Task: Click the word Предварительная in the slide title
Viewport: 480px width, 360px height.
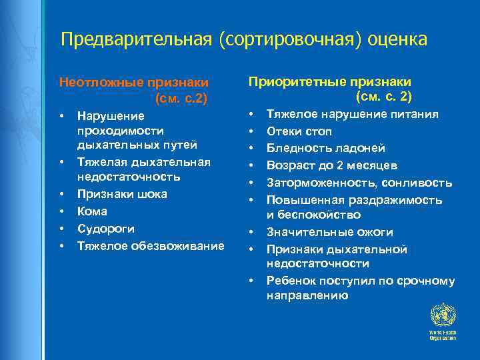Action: [136, 39]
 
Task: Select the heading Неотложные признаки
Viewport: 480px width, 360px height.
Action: [134, 83]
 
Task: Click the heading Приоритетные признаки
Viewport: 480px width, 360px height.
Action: [329, 81]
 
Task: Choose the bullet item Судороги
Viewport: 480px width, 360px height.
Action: [105, 229]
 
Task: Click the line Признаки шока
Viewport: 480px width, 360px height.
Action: [122, 194]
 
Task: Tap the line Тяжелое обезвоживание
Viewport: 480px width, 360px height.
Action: [151, 246]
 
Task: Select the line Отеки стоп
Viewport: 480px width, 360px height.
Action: [299, 131]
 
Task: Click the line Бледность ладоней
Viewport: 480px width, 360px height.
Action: [326, 148]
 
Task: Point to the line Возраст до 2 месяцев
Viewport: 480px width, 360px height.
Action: [333, 165]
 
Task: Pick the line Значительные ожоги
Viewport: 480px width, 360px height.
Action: [330, 232]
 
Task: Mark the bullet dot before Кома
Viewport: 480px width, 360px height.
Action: [61, 211]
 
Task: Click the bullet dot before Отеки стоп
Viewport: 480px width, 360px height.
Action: [251, 131]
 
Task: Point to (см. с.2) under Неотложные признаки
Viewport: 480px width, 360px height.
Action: [181, 99]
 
